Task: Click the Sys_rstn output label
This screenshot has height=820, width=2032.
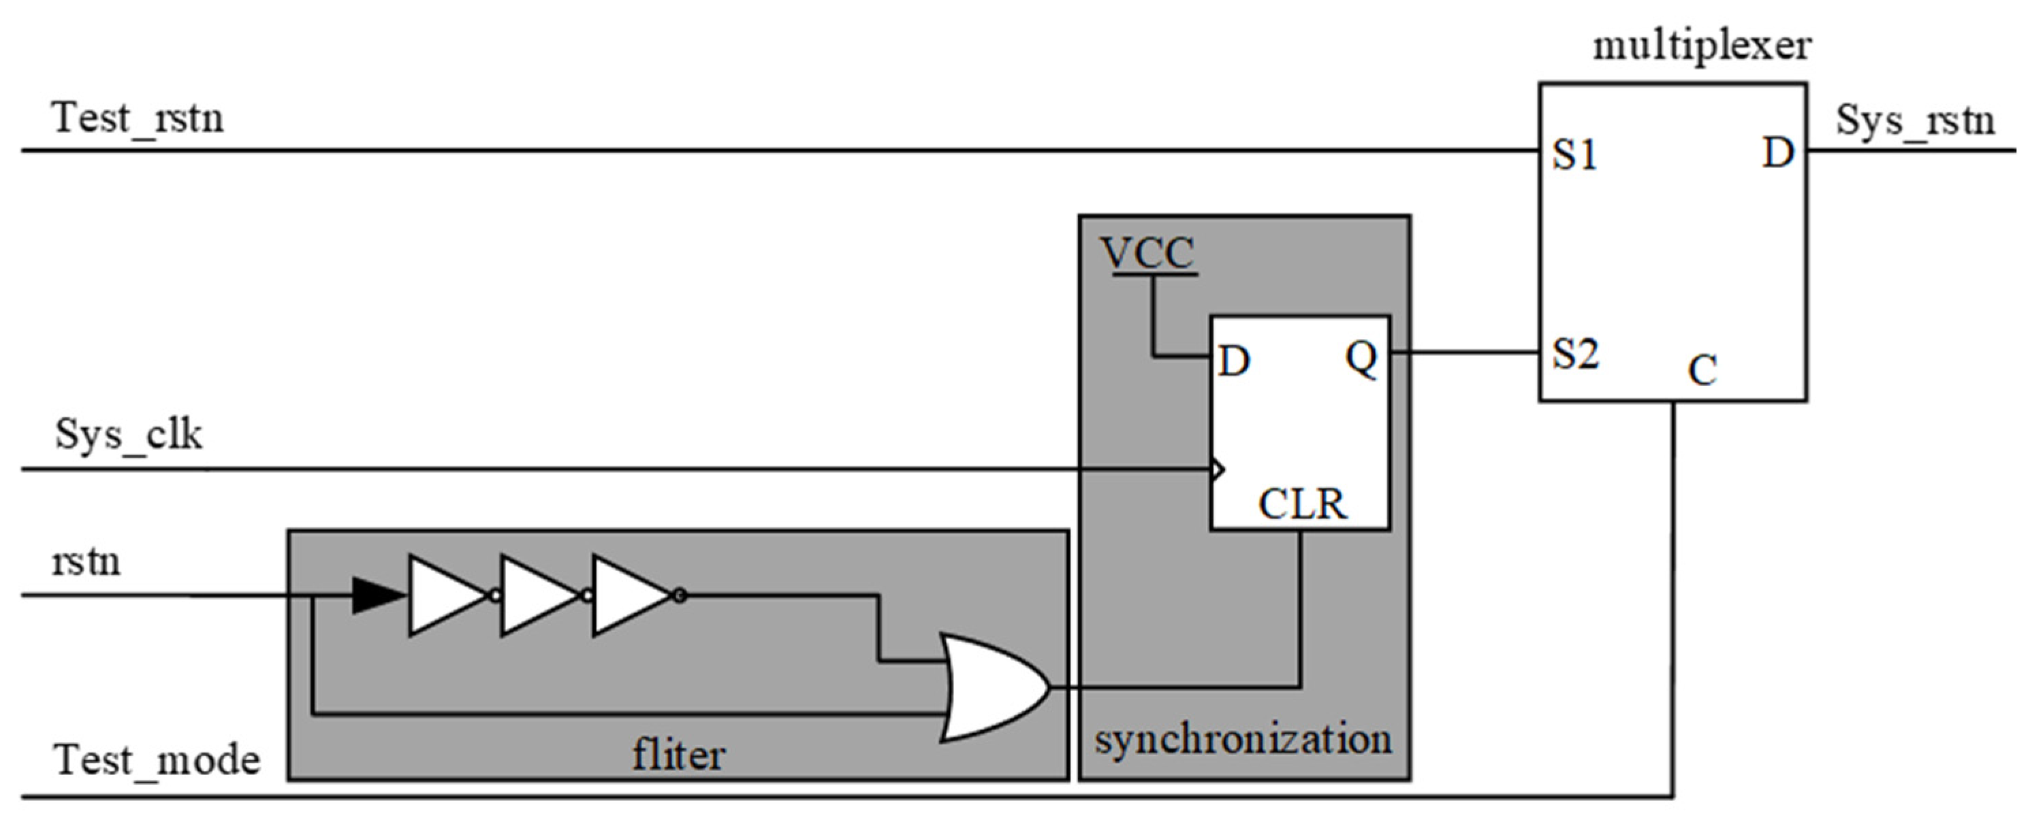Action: (x=1916, y=121)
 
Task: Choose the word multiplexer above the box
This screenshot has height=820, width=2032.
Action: (x=1702, y=46)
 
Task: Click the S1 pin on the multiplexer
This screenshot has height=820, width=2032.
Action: (x=1574, y=154)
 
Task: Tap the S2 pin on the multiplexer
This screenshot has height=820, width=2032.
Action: (x=1575, y=354)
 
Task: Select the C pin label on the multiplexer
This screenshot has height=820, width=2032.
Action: (x=1702, y=370)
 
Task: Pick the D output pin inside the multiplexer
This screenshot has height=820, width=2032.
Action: (x=1778, y=153)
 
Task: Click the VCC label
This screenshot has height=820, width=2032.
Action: (x=1147, y=254)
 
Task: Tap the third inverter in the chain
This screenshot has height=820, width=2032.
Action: (x=631, y=595)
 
